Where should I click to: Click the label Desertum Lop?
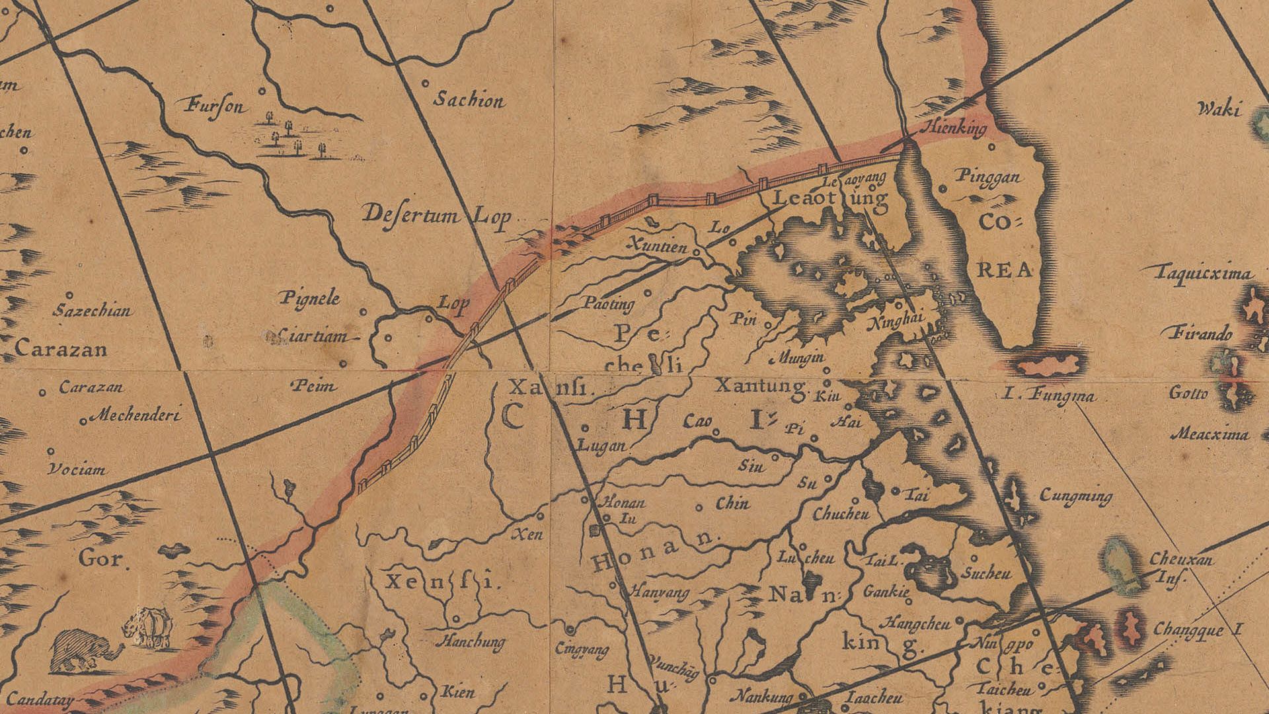(x=438, y=216)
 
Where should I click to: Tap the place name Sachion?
(x=469, y=100)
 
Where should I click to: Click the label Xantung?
(x=761, y=385)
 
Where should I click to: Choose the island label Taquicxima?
(x=1204, y=273)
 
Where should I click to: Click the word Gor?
(x=101, y=559)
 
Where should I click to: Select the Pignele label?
(x=310, y=298)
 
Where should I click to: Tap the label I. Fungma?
(x=1048, y=397)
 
